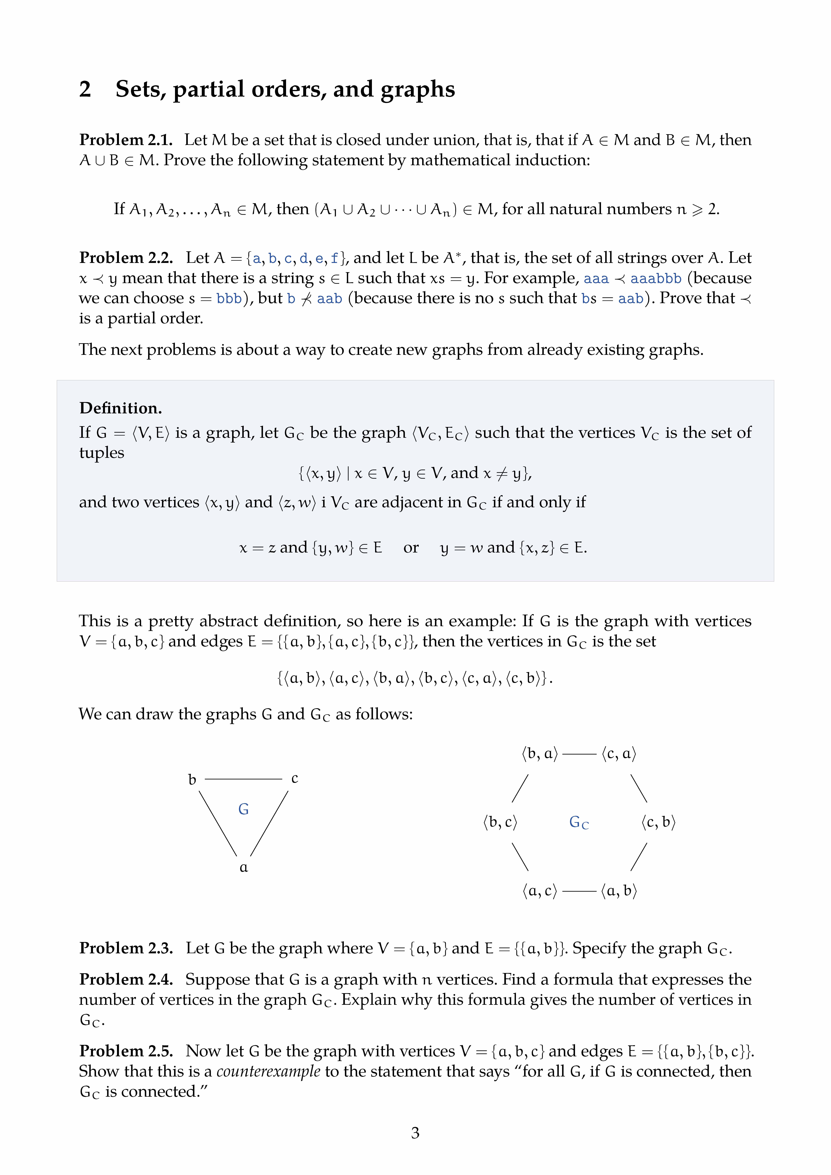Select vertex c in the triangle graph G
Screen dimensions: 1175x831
point(295,778)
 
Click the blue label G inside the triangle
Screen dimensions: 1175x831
point(244,809)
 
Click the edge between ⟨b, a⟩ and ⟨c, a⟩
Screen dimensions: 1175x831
point(579,754)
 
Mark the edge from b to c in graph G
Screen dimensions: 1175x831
point(244,779)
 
